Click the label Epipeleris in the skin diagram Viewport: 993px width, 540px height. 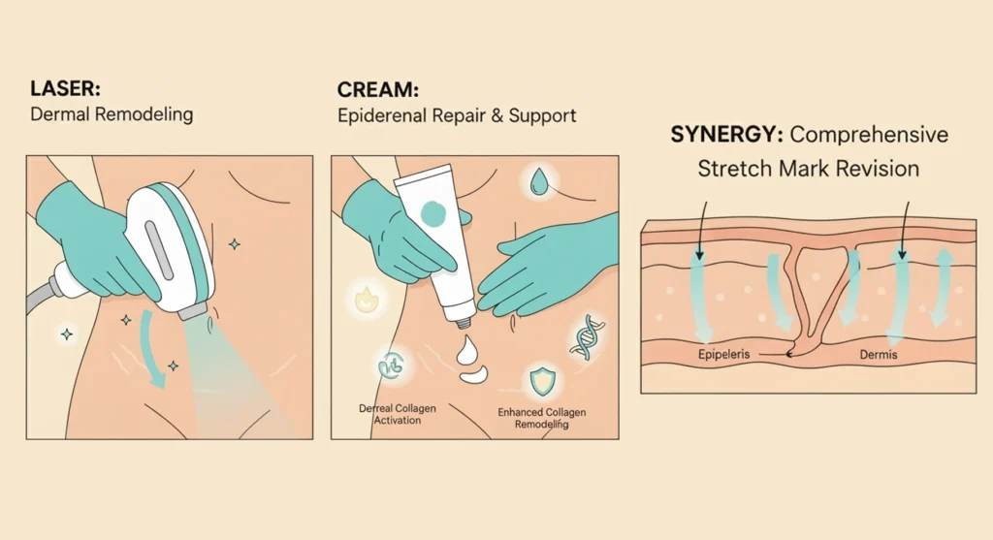click(724, 355)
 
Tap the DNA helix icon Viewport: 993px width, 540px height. click(586, 334)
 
